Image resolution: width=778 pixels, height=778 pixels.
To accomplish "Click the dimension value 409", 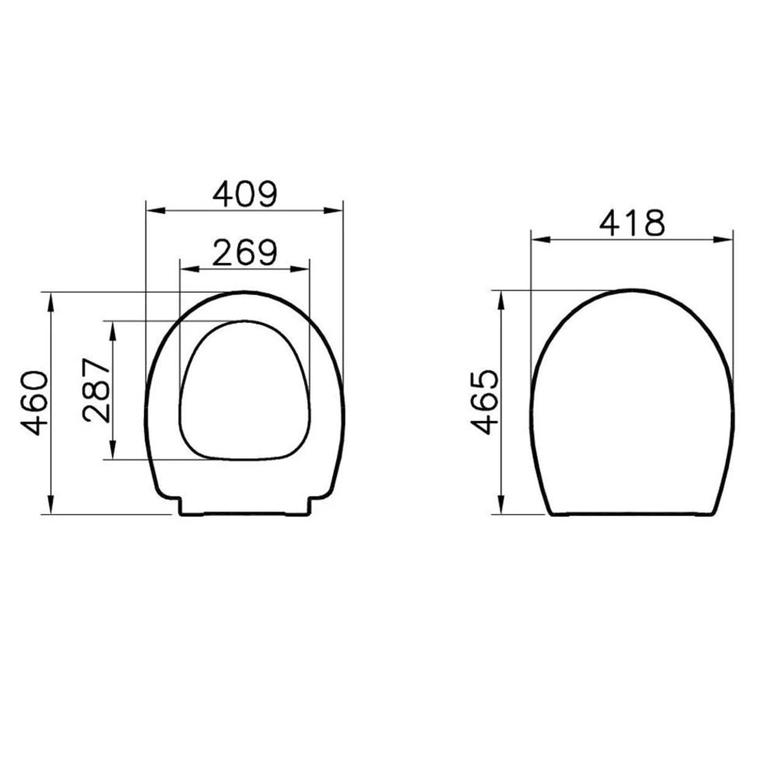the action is (245, 194).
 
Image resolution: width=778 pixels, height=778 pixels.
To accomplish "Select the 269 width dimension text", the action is (245, 253).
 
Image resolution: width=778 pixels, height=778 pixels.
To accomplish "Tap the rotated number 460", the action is (35, 403).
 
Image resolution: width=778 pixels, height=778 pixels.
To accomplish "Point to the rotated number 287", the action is (96, 390).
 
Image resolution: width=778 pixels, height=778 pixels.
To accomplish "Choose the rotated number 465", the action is (484, 402).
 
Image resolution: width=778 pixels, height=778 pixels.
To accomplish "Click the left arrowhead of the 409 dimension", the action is (155, 211).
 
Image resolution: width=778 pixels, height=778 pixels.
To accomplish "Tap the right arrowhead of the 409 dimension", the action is (333, 211).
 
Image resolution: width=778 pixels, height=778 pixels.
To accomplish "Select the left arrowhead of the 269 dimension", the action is (190, 269).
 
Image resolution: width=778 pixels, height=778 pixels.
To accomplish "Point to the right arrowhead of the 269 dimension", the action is (300, 269).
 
